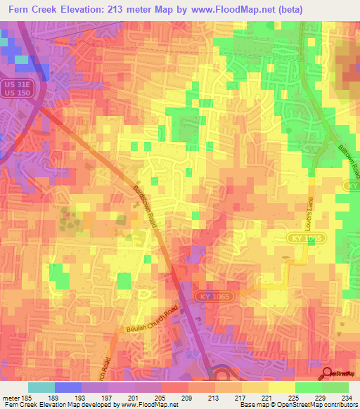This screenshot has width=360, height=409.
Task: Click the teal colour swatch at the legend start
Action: pos(41,387)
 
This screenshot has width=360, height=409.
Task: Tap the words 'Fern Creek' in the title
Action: pos(34,9)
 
